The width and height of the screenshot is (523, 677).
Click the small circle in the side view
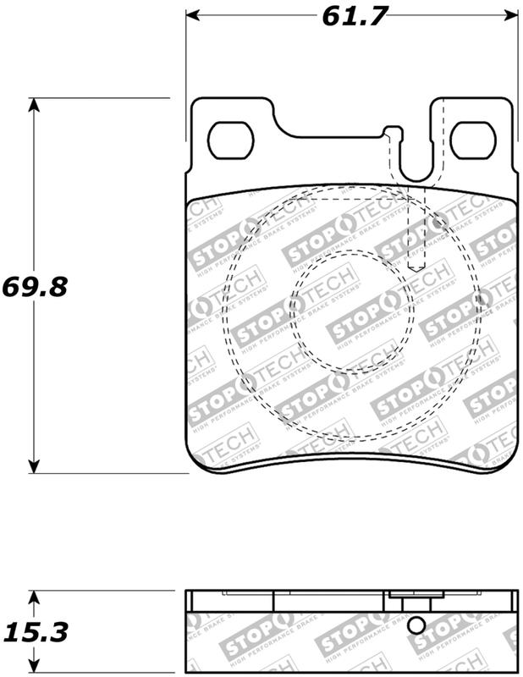(x=415, y=625)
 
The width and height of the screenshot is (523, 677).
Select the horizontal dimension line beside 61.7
(x=254, y=14)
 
